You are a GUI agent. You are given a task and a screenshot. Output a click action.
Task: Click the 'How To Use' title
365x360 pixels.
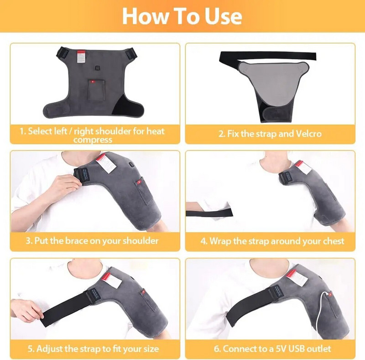click(x=182, y=16)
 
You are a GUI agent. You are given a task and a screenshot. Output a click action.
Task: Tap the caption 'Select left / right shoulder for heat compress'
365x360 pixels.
click(x=93, y=135)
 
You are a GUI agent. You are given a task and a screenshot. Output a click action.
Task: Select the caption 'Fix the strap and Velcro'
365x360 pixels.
click(x=270, y=134)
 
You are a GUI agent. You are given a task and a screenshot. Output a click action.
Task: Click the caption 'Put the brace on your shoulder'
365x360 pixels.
click(x=93, y=240)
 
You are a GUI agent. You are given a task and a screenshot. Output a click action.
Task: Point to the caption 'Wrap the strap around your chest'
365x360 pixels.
click(x=270, y=240)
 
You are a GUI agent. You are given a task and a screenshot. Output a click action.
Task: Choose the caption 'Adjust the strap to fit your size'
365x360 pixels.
click(x=93, y=349)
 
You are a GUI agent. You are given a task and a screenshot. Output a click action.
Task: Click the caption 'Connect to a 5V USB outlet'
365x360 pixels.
click(x=270, y=349)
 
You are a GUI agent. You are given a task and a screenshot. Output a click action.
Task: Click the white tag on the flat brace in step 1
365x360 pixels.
click(x=81, y=57)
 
